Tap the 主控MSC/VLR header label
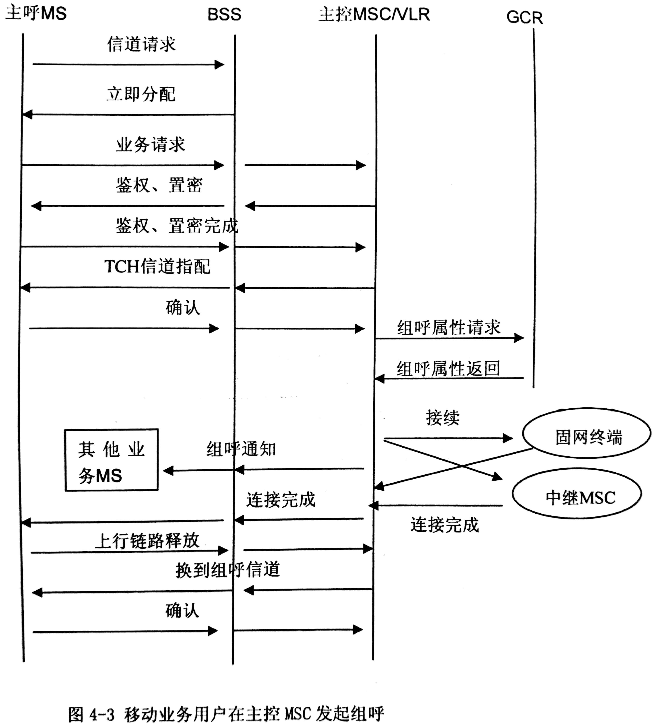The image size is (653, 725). tap(374, 14)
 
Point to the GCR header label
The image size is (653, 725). tap(525, 17)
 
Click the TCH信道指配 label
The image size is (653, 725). tap(157, 267)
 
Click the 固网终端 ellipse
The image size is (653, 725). tap(587, 433)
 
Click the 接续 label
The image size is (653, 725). tap(443, 418)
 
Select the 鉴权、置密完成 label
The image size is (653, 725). tap(177, 226)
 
